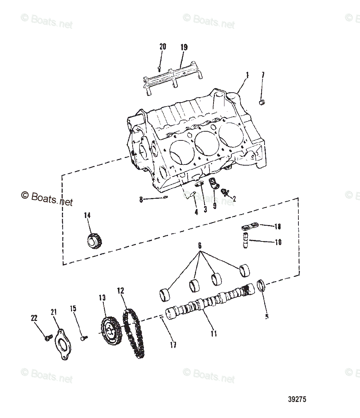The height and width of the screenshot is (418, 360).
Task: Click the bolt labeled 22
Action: (x=47, y=338)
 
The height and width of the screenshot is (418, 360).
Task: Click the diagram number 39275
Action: (x=297, y=399)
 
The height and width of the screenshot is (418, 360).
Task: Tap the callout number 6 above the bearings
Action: (x=200, y=245)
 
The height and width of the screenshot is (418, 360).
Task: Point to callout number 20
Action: (x=163, y=47)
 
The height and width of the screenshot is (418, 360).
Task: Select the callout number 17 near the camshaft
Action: (x=173, y=344)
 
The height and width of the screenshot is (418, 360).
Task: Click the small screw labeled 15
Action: (x=83, y=338)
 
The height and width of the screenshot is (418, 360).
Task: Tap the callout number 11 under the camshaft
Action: (x=214, y=333)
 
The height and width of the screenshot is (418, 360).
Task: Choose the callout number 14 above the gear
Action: (x=87, y=215)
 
